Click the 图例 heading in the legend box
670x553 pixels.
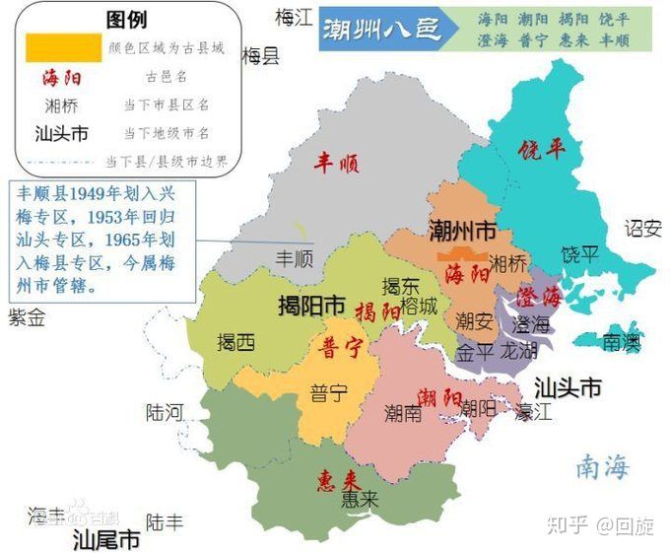click(x=126, y=19)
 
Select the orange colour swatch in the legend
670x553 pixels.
click(x=63, y=45)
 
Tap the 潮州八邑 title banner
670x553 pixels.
click(x=380, y=30)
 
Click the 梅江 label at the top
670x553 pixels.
click(x=293, y=17)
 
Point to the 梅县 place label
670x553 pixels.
click(x=260, y=56)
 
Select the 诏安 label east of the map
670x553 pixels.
click(x=643, y=229)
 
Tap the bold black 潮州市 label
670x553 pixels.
click(x=462, y=232)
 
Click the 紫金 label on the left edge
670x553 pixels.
click(x=27, y=317)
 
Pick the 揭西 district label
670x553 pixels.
click(x=235, y=342)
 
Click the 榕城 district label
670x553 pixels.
click(x=418, y=307)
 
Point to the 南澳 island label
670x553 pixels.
click(x=621, y=342)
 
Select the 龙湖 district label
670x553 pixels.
click(x=519, y=352)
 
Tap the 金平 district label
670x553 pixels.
click(x=475, y=352)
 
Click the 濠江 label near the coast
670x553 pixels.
click(x=532, y=411)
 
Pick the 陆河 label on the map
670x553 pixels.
click(x=165, y=412)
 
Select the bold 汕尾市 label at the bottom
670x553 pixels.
click(x=106, y=540)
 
